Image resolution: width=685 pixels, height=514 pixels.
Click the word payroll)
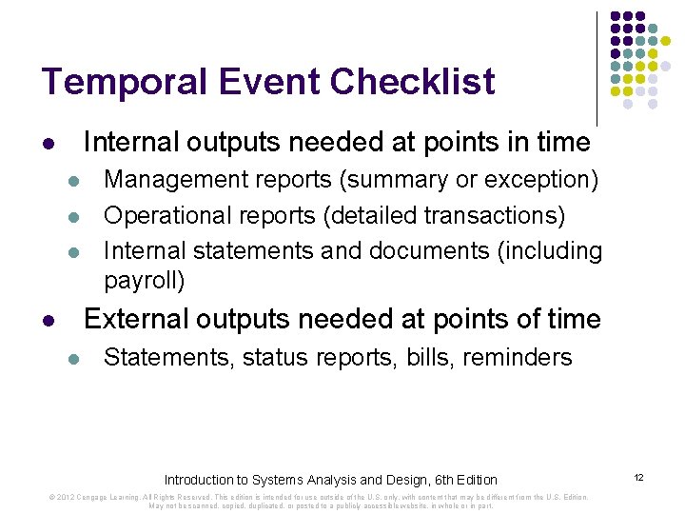coord(145,281)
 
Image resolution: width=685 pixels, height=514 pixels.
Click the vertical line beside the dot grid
coord(597,67)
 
